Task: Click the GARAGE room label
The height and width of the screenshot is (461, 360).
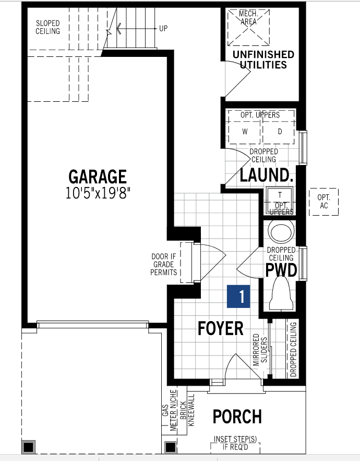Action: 98,176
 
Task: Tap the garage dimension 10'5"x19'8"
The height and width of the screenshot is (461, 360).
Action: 98,193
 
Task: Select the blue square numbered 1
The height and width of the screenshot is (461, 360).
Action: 238,297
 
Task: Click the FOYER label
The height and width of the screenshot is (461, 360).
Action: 220,328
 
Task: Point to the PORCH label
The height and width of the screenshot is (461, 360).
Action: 237,416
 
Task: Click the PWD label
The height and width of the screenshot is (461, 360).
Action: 281,270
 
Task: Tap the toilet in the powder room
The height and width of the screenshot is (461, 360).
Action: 281,294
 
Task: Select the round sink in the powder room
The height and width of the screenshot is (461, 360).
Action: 281,231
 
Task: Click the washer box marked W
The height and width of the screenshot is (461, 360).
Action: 245,132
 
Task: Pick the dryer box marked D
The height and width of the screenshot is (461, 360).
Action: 279,132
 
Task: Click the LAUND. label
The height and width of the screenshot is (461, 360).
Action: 267,175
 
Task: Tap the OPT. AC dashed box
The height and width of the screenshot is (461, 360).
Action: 323,202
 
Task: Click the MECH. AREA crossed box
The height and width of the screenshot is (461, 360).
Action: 249,27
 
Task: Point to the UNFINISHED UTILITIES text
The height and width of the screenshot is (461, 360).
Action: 263,60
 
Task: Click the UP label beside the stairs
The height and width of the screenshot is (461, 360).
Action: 163,29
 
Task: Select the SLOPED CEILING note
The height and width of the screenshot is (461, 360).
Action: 47,27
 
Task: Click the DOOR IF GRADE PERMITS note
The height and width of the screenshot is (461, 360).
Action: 164,264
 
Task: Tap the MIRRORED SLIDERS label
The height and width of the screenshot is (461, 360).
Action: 260,350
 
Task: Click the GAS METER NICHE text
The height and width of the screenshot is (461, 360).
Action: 169,410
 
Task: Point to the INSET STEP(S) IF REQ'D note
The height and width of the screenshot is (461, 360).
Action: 235,443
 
